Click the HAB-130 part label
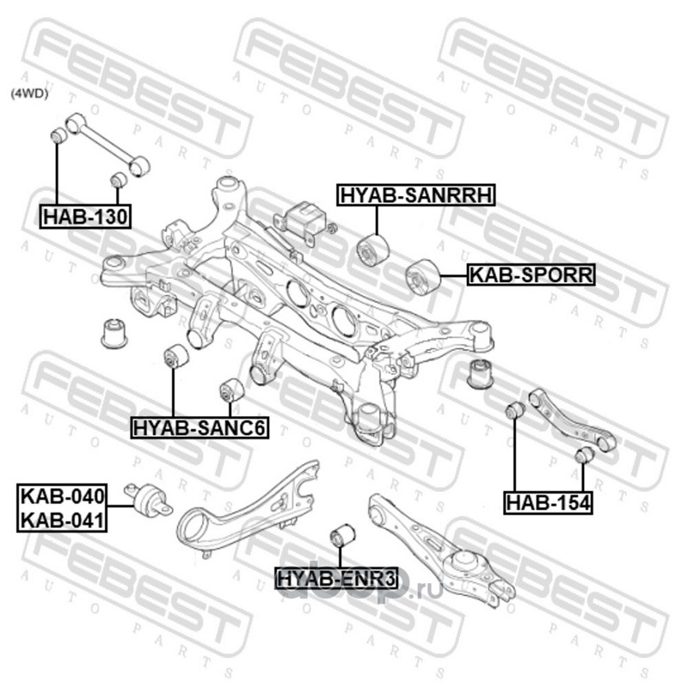(x=85, y=218)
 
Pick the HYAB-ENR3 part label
(x=336, y=580)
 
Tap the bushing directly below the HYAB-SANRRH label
(x=372, y=250)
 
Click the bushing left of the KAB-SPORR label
(x=422, y=275)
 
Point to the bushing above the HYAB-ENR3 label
(x=343, y=534)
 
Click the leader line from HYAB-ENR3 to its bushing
(x=341, y=557)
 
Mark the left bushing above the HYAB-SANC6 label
(x=175, y=354)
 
